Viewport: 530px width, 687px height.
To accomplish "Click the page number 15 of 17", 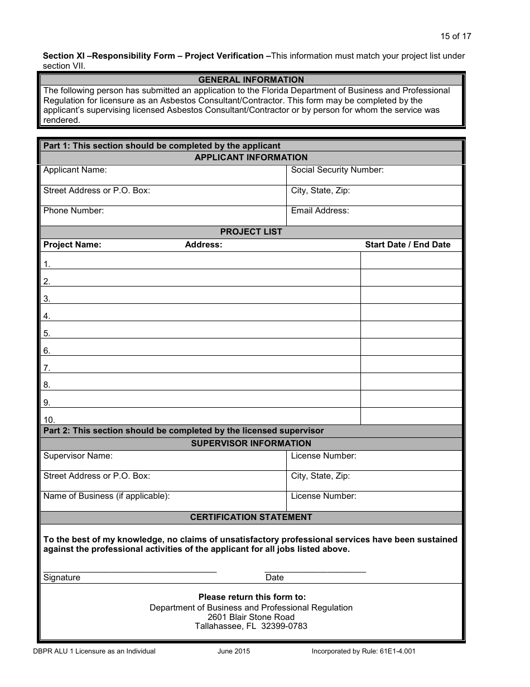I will click(455, 36).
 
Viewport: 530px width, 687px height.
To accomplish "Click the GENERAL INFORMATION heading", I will click(251, 80).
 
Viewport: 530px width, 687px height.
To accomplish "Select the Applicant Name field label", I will click(75, 170).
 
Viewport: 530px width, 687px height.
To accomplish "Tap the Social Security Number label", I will click(337, 170).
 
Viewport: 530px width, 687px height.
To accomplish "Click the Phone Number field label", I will click(74, 211).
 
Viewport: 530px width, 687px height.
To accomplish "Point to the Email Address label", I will click(320, 211).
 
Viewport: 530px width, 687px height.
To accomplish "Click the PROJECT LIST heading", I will click(251, 232).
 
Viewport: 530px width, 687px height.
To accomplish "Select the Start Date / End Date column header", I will click(407, 245).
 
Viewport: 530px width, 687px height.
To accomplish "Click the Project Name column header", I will click(73, 245).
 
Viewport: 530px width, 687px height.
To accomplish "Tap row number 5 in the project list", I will click(47, 333).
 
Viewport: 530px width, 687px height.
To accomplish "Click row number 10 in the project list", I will click(49, 419).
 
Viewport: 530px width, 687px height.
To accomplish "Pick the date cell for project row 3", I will click(411, 295).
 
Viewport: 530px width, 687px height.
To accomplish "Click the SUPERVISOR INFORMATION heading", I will click(251, 443).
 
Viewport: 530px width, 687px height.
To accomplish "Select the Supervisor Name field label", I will click(78, 456).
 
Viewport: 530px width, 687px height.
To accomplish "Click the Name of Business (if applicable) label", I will click(107, 496).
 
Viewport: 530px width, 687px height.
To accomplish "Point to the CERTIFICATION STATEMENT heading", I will click(251, 517).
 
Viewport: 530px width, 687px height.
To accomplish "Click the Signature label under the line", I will click(61, 578).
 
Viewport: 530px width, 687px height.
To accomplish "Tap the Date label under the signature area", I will click(274, 578).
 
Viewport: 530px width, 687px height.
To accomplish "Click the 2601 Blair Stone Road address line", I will click(251, 617).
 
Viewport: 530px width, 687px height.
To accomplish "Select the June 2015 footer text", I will click(234, 651).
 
